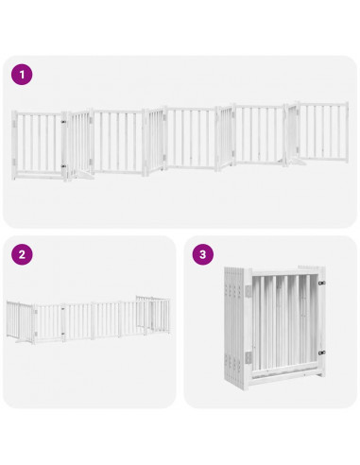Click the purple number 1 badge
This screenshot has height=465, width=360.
(22, 74)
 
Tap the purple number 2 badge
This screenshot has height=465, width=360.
(22, 255)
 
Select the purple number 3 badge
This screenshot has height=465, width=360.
(202, 255)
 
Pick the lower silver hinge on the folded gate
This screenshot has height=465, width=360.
(249, 356)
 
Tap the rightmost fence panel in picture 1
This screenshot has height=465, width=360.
(322, 132)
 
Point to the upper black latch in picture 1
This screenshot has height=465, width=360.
(64, 122)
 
